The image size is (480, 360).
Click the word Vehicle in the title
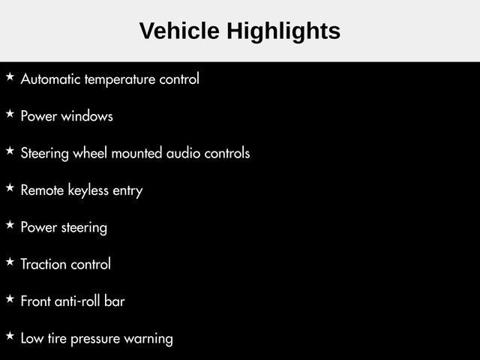[x=179, y=31]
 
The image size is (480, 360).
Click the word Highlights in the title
[x=283, y=32]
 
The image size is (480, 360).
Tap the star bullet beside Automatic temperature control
[x=10, y=76]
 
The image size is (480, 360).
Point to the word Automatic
[x=51, y=79]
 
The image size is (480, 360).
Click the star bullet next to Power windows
[x=10, y=113]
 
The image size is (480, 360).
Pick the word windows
[x=87, y=116]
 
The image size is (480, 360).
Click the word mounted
[x=136, y=153]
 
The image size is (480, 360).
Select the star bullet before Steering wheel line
[x=10, y=151]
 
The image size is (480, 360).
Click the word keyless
[x=88, y=190]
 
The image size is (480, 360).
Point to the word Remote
[x=42, y=190]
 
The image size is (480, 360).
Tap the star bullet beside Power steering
[x=10, y=225]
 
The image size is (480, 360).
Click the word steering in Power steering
[x=84, y=228]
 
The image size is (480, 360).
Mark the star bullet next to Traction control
[x=10, y=262]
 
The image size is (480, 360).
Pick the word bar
[x=115, y=301]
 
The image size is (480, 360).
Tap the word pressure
[x=95, y=339]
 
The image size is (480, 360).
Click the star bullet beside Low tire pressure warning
[x=10, y=336]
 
